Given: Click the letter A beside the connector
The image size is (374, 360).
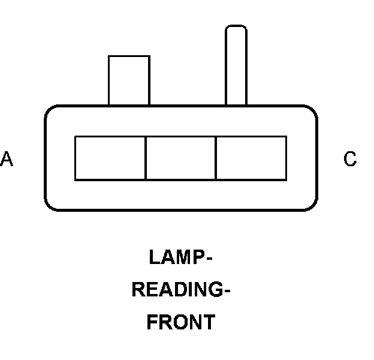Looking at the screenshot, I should coord(7,159).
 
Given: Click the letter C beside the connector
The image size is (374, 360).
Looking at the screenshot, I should coord(350,159).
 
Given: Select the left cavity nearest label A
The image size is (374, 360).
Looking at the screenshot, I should coord(110,158).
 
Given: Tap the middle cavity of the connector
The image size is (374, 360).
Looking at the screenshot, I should coord(180,158).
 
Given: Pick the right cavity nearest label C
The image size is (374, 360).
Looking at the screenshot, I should coord(251,158).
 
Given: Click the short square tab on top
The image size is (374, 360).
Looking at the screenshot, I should coord(129,80).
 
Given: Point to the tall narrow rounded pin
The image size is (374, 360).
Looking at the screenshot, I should coord(236,66).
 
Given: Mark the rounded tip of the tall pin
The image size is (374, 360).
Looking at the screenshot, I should coord(236,29).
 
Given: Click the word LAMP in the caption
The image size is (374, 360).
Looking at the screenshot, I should coord(176,257).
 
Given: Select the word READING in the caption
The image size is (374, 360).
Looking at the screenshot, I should coord(178,290).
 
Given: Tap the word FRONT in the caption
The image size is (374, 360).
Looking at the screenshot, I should coord(180,322).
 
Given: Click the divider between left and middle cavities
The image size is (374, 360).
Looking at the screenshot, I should coord(146,158).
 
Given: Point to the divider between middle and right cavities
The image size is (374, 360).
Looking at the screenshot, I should coord(216,158).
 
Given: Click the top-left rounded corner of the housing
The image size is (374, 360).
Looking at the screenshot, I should coord(50,112).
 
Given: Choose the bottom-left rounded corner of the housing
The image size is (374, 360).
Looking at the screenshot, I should coord(50,205).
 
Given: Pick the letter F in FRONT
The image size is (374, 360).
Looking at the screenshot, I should coord(152,322).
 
